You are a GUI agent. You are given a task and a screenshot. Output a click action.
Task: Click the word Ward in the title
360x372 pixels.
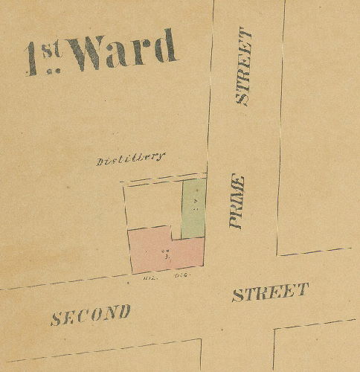point(126,50)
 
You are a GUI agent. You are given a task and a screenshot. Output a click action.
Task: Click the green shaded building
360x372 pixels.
point(193,208)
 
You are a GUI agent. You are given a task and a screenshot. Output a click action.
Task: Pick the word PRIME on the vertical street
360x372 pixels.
point(237,201)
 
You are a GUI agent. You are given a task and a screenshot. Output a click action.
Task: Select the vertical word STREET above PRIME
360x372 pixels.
point(243,67)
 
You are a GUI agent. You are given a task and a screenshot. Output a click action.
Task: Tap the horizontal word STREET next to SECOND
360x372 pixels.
point(270,292)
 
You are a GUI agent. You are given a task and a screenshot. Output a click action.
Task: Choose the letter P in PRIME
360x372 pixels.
point(237,221)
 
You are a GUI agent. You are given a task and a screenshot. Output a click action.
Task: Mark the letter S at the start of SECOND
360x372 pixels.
point(57,319)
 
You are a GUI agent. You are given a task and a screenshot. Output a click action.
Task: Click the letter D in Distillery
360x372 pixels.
point(101,161)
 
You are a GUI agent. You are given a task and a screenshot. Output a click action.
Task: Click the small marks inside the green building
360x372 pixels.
point(195,202)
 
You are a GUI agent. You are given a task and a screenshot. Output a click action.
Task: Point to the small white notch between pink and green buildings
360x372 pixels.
point(177,233)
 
